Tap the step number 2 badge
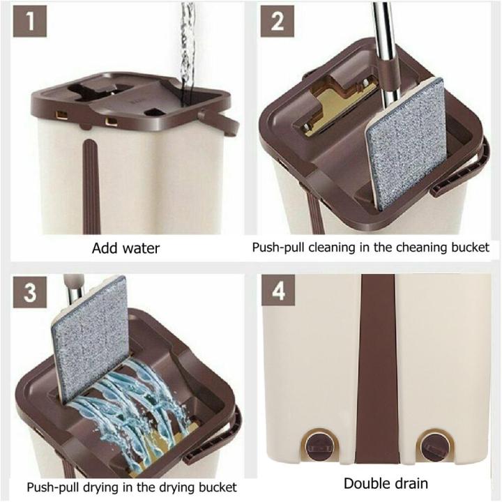277,23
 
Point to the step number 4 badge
277,294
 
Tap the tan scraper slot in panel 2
335,112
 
